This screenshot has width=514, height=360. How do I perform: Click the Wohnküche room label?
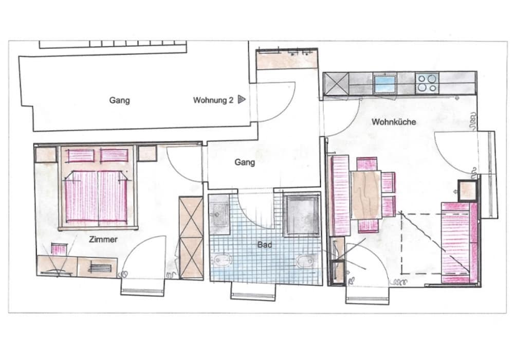pyautogui.click(x=394, y=122)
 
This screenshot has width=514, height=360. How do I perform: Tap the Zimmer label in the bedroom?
pyautogui.click(x=103, y=240)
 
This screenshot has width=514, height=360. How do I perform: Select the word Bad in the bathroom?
pyautogui.click(x=265, y=245)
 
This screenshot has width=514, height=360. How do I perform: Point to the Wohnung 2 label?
pyautogui.click(x=213, y=100)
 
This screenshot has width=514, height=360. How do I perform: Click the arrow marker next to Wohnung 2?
pyautogui.click(x=242, y=99)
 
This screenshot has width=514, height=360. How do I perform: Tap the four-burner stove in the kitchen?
pyautogui.click(x=427, y=83)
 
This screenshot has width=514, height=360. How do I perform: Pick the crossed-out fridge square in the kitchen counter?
pyautogui.click(x=336, y=84)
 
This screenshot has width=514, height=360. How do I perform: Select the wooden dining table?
pyautogui.click(x=366, y=195)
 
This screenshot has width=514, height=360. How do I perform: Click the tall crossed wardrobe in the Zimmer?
pyautogui.click(x=191, y=238)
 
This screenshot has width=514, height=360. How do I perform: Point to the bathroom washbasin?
pyautogui.click(x=219, y=214)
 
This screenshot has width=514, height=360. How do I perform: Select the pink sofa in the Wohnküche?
pyautogui.click(x=460, y=243)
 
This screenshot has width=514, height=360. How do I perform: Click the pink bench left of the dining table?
pyautogui.click(x=340, y=196)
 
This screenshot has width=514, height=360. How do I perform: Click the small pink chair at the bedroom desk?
pyautogui.click(x=59, y=249)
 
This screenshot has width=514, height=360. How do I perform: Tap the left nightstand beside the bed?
pyautogui.click(x=46, y=154)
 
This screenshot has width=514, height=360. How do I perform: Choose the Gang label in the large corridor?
pyautogui.click(x=119, y=100)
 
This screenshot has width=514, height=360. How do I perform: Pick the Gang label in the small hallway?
pyautogui.click(x=245, y=163)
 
